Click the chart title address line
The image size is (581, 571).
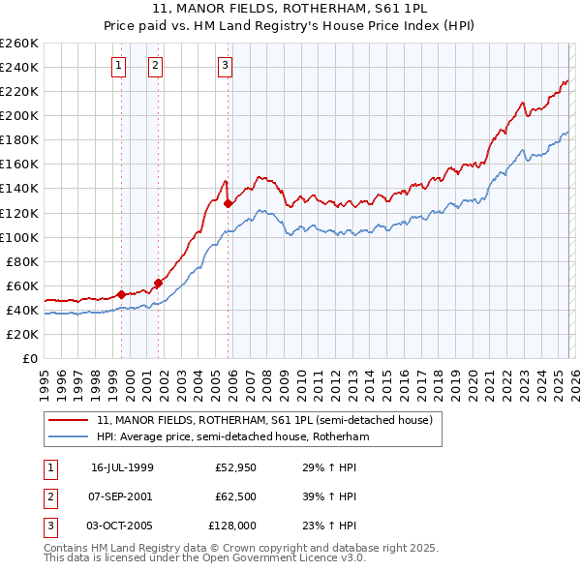click(x=290, y=10)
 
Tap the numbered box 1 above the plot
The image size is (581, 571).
click(x=118, y=66)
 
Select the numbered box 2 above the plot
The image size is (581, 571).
click(x=155, y=66)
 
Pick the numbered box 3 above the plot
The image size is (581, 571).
click(x=225, y=66)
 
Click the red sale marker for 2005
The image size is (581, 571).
click(x=228, y=203)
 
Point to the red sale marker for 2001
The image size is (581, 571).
click(x=158, y=283)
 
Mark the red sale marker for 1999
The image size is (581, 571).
click(x=122, y=294)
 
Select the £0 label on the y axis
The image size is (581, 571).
click(x=31, y=358)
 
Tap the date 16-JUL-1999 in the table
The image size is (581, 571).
click(x=122, y=466)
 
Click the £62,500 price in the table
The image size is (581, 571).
click(x=235, y=496)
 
